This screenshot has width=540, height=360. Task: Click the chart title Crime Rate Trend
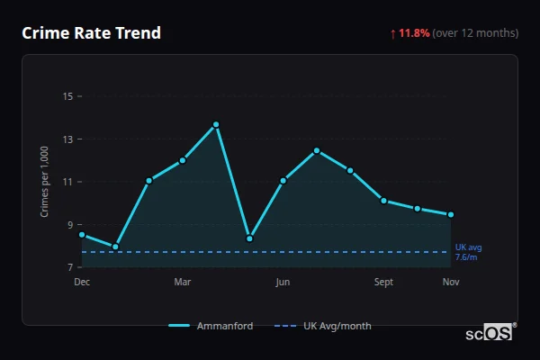coord(91,33)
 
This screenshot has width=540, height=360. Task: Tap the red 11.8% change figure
coord(414,33)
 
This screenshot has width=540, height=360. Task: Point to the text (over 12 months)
coord(475,33)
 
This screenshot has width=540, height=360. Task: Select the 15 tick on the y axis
coord(67,95)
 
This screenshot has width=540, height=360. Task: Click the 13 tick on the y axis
coord(67,139)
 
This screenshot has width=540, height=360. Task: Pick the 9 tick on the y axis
coord(69,224)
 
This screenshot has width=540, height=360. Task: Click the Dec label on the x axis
coord(82,282)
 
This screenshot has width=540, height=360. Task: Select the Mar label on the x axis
coord(183,282)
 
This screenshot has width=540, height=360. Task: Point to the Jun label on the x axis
coord(283,282)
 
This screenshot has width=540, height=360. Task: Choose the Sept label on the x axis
coord(383,282)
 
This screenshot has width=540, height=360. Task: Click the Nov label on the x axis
coord(451,282)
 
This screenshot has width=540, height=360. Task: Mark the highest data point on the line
coord(216,124)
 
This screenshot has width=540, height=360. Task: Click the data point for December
coord(82,235)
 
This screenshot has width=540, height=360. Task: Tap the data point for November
coord(451,214)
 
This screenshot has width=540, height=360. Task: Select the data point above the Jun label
coord(283,181)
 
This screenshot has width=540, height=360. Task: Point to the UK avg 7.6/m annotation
coord(469,252)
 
